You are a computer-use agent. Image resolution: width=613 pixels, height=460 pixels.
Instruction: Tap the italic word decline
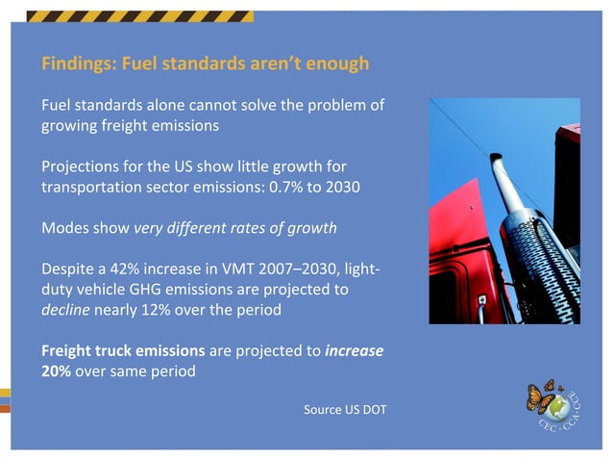coord(63,311)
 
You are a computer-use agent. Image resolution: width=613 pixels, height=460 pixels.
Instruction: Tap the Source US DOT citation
coord(345,411)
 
